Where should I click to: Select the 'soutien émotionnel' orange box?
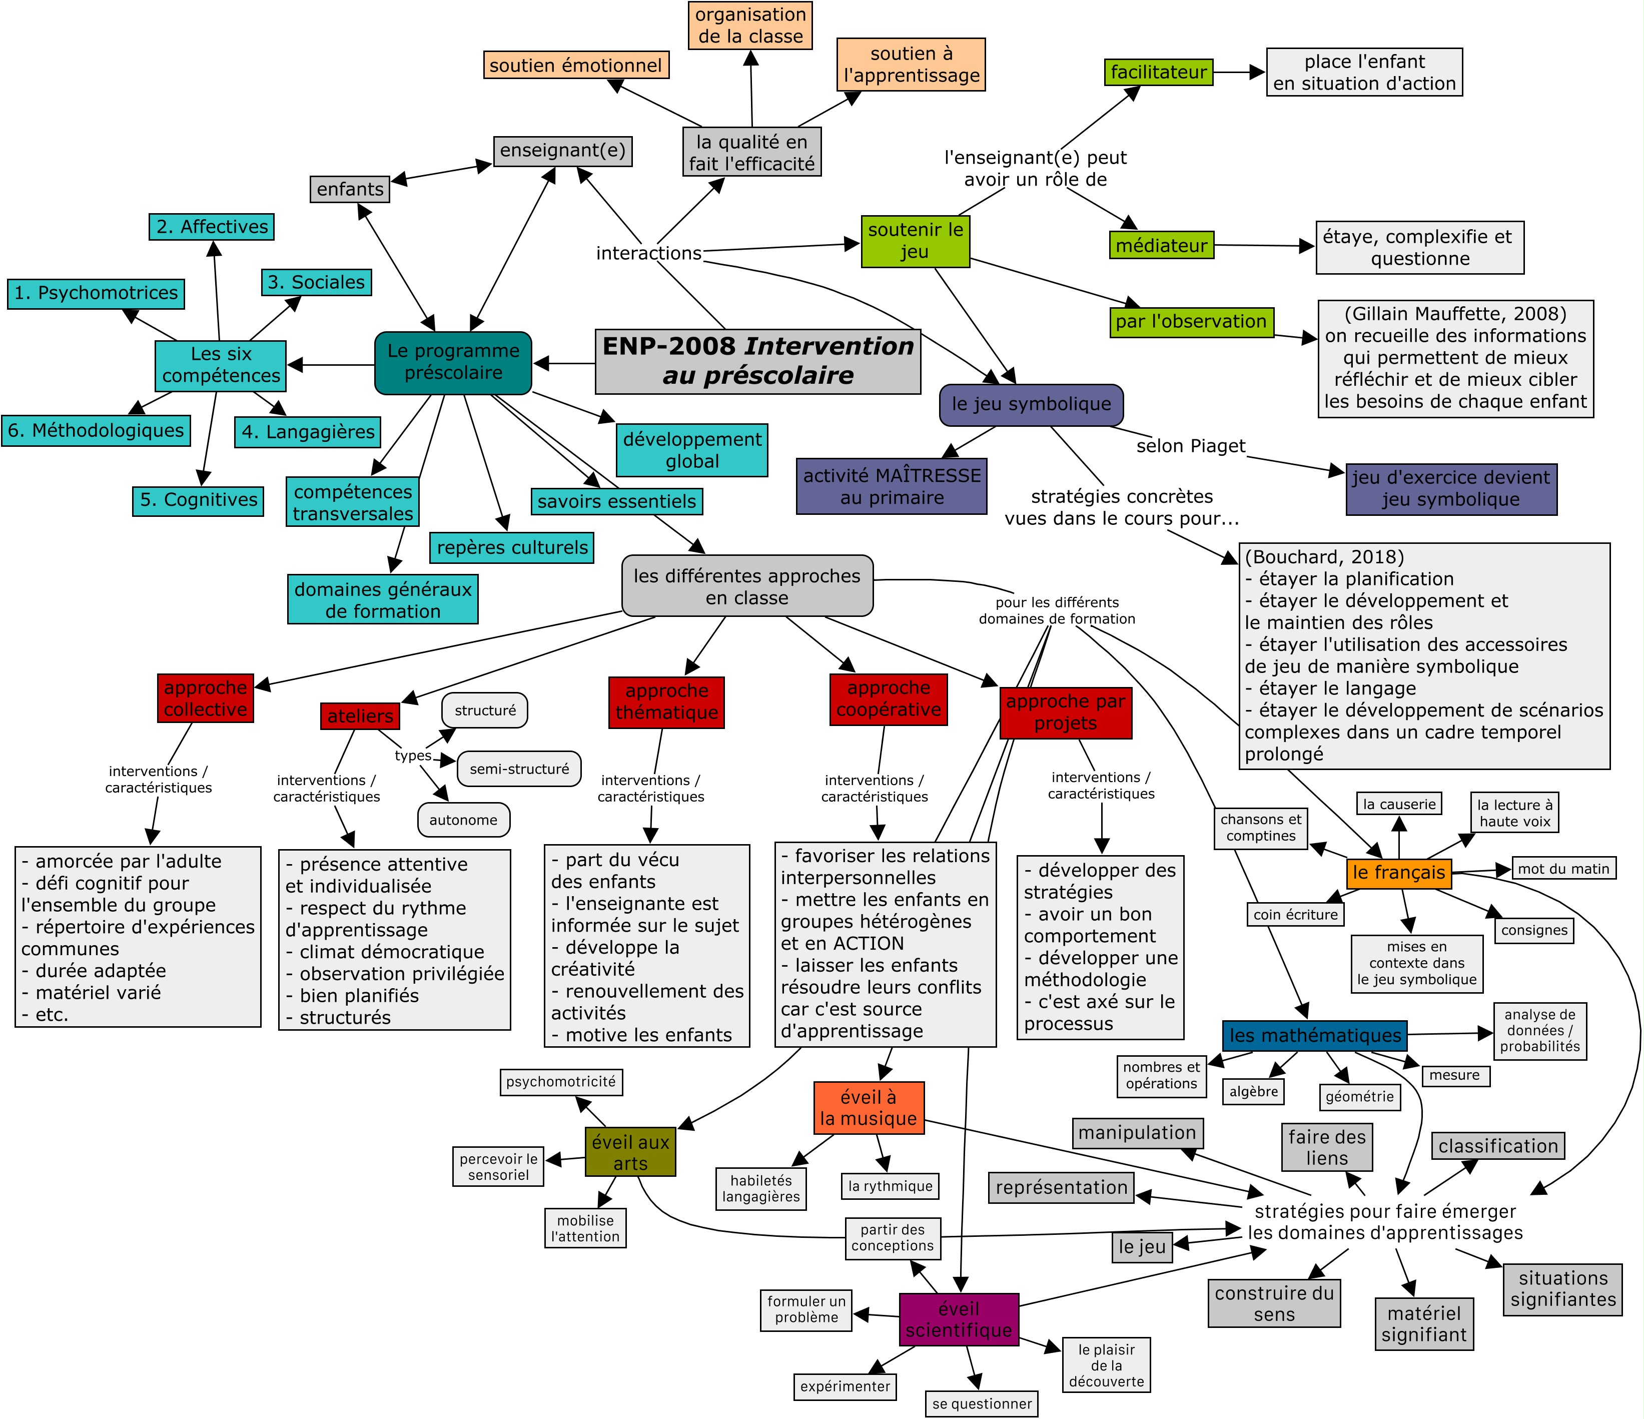(x=575, y=65)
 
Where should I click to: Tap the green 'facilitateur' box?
(x=1158, y=72)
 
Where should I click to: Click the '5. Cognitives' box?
(x=198, y=500)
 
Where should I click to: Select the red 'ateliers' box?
(x=360, y=716)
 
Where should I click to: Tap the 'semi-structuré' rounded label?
(x=519, y=769)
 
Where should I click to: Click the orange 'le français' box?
(x=1399, y=873)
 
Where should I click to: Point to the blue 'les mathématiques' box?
(x=1315, y=1036)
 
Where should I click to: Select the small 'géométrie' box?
(x=1359, y=1097)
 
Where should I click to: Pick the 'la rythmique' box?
(x=890, y=1186)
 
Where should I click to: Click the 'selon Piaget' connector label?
(x=1190, y=446)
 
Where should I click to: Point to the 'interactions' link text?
(x=648, y=253)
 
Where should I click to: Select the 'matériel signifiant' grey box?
(x=1424, y=1324)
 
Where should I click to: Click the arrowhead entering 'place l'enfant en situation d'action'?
(x=1258, y=72)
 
